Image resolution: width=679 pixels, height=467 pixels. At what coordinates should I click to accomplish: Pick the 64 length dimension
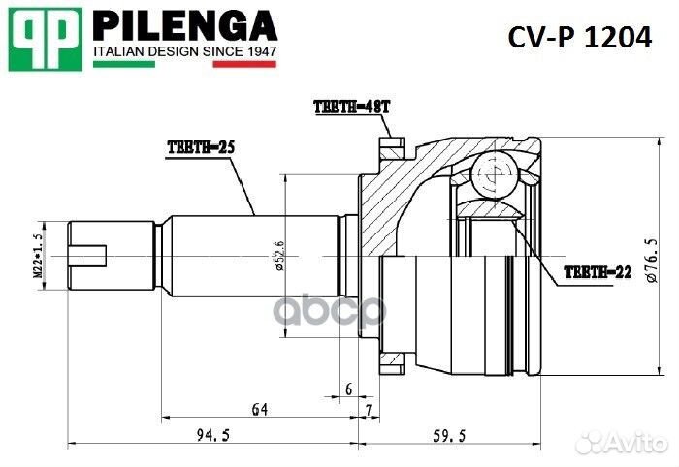(259, 410)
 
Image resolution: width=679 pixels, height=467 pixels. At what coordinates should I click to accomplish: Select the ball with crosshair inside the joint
(494, 173)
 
